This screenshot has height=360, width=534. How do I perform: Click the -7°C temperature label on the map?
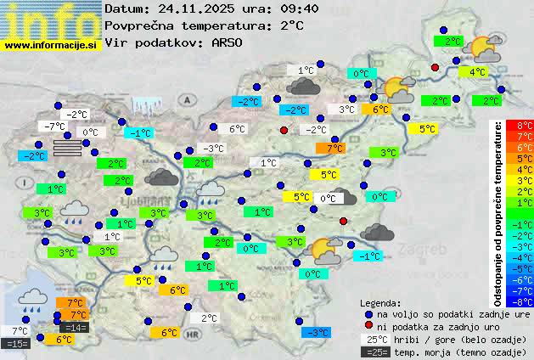click(x=53, y=127)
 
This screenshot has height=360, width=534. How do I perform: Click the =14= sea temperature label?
click(x=74, y=327)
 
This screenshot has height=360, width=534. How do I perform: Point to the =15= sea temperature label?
click(x=16, y=343)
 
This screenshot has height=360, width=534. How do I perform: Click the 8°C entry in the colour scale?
click(x=525, y=126)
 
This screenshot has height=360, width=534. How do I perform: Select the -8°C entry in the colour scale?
click(x=525, y=301)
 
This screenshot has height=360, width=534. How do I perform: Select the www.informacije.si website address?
click(x=52, y=44)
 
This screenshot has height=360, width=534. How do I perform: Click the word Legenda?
click(x=381, y=302)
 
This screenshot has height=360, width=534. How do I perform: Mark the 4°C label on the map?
click(x=476, y=72)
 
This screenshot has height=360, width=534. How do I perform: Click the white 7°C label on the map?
click(x=20, y=330)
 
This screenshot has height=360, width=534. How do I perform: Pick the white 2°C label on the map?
click(x=209, y=318)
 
